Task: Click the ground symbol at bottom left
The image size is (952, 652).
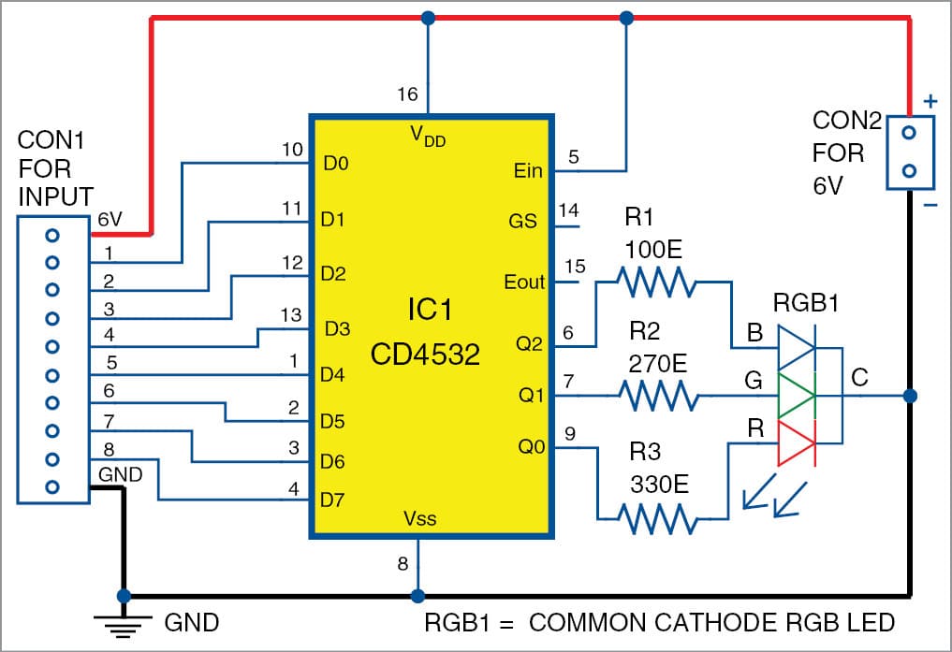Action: pos(121,620)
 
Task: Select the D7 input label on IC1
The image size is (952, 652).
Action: pos(332,500)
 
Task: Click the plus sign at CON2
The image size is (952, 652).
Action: pos(930,100)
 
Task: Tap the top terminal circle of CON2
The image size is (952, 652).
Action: pos(907,133)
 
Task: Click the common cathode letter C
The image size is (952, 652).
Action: pos(860,377)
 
